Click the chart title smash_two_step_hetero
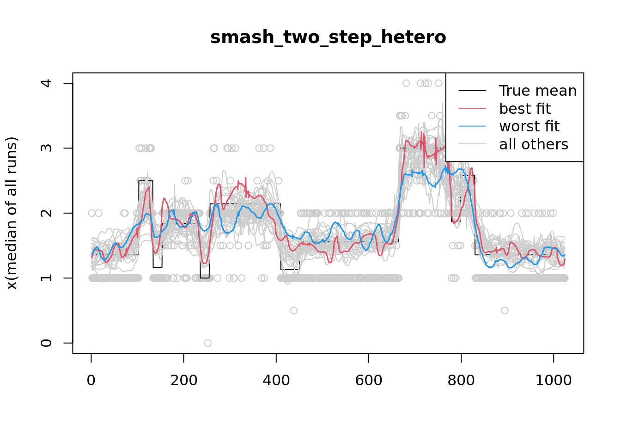[328, 37]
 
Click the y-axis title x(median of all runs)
[12, 213]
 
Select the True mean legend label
[538, 91]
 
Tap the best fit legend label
[525, 109]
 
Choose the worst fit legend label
[529, 126]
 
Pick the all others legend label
[534, 144]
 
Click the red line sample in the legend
[472, 109]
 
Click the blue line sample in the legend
[472, 126]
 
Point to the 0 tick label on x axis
[91, 380]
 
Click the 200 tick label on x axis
[183, 380]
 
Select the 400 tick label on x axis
[276, 380]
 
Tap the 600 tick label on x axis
[368, 380]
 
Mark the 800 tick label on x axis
[461, 380]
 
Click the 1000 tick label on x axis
[553, 380]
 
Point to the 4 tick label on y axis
[46, 83]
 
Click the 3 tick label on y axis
[46, 148]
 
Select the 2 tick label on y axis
[46, 213]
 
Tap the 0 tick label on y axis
[46, 343]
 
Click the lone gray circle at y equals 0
[207, 343]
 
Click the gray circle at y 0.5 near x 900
[505, 310]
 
